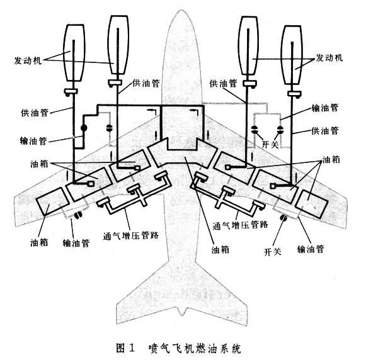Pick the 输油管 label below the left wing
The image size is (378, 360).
[x=76, y=240]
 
